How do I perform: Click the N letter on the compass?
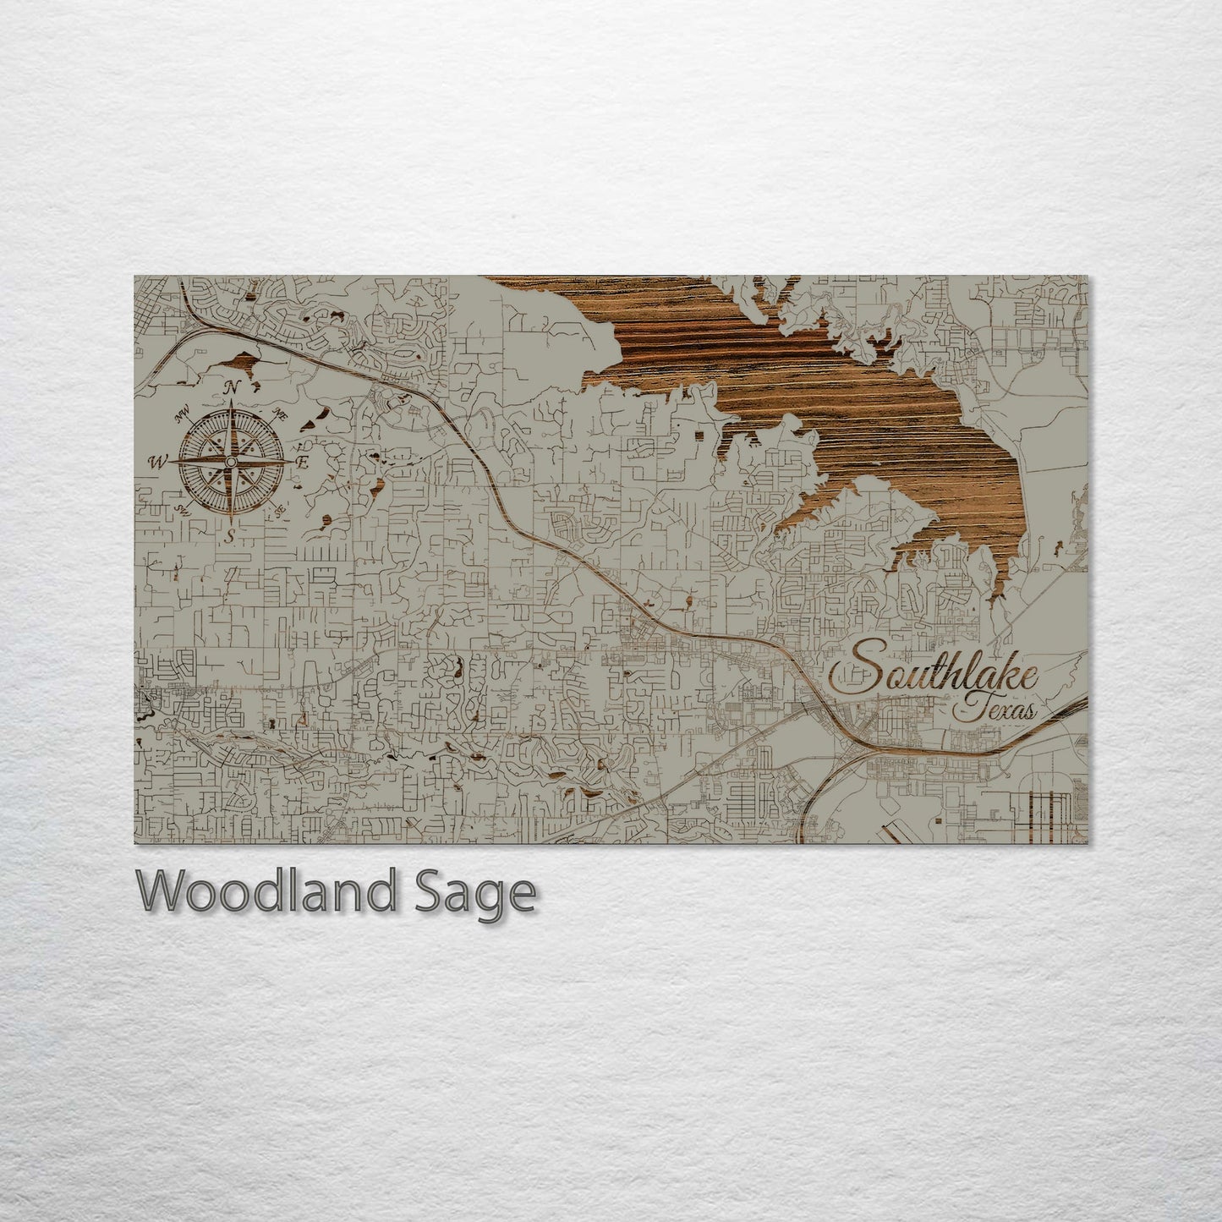point(230,388)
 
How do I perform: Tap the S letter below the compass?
point(230,535)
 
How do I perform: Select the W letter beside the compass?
point(157,462)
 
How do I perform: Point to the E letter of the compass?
point(302,462)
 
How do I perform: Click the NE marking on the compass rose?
point(280,414)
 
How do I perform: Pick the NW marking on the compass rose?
point(179,415)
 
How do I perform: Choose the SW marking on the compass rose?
point(181,509)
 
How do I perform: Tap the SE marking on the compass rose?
point(277,510)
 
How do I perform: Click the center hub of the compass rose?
point(230,462)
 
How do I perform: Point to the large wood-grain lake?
point(812,372)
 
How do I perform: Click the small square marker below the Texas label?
point(938,820)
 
